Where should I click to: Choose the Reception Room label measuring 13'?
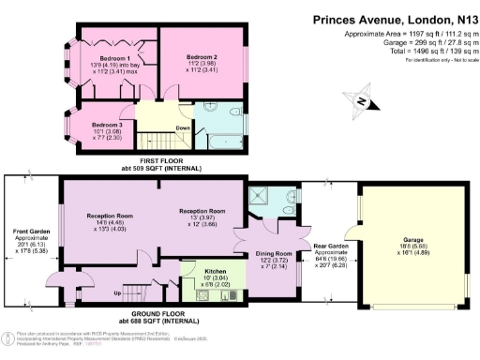click(203, 211)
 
